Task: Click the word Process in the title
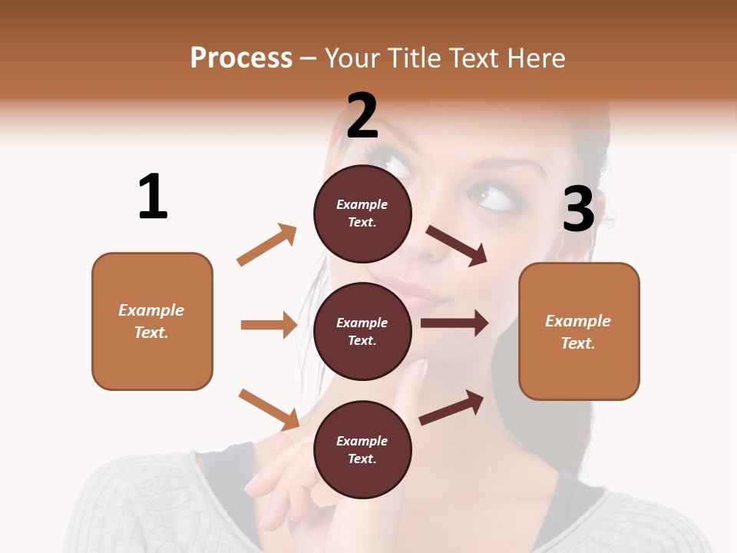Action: pyautogui.click(x=241, y=58)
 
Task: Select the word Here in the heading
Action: pyautogui.click(x=536, y=58)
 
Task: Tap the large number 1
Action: pyautogui.click(x=153, y=197)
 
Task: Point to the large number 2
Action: pyautogui.click(x=362, y=115)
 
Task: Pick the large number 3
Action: pyautogui.click(x=578, y=210)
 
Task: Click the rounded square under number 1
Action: pyautogui.click(x=152, y=321)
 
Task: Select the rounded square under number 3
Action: pyautogui.click(x=579, y=331)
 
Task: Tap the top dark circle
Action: pyautogui.click(x=362, y=213)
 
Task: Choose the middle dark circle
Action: pyautogui.click(x=362, y=331)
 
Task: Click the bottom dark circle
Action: pyautogui.click(x=362, y=449)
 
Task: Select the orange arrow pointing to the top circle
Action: pyautogui.click(x=267, y=244)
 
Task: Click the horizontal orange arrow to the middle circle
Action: pyautogui.click(x=269, y=325)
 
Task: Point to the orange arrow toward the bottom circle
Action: pyautogui.click(x=269, y=409)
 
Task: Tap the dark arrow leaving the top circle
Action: pyautogui.click(x=457, y=246)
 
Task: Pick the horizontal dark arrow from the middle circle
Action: pyautogui.click(x=454, y=323)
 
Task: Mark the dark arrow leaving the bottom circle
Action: pyautogui.click(x=451, y=408)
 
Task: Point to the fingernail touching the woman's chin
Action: pyautogui.click(x=421, y=368)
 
